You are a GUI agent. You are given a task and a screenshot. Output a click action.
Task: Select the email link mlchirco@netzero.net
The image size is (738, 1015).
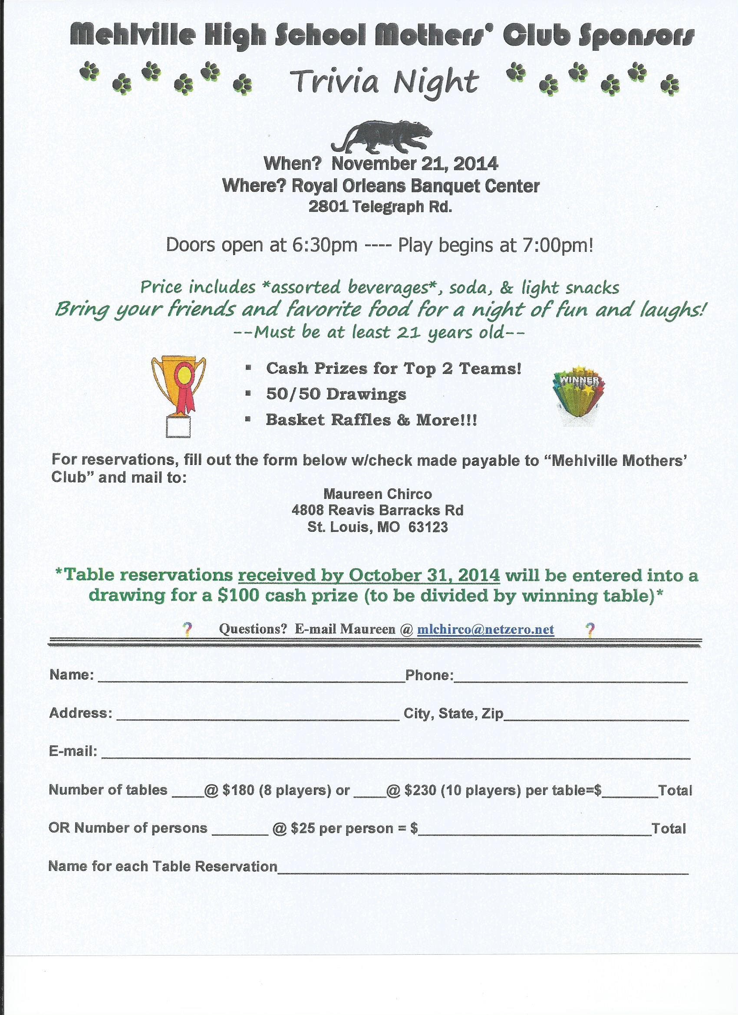[486, 629]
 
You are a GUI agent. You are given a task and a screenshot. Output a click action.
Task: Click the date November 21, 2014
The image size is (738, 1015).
[415, 164]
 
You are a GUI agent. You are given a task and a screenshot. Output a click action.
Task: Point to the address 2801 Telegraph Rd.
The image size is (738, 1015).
[380, 207]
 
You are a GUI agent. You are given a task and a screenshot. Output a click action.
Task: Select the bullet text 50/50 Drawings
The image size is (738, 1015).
[336, 394]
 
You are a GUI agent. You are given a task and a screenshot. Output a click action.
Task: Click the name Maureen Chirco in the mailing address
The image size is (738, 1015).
[378, 494]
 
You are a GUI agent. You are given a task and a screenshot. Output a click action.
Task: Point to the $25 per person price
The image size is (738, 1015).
[301, 828]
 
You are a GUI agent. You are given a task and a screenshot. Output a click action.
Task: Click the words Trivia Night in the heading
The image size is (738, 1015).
[384, 82]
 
